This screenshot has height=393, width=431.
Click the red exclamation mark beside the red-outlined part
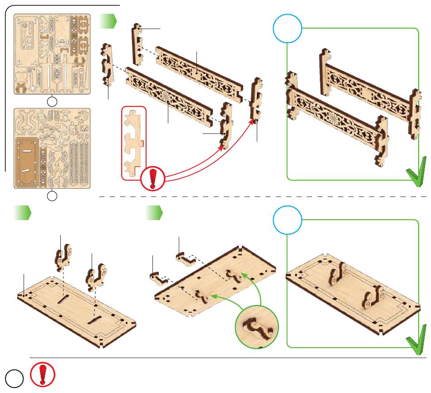coord(153,178)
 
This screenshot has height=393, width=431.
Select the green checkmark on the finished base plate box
coord(416,340)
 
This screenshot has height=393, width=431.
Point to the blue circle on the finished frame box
coord(288,28)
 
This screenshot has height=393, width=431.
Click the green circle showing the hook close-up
coord(257,326)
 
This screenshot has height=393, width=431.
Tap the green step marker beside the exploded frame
coord(108,20)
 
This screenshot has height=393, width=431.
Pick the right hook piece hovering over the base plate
coord(97,276)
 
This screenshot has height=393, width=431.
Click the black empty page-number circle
coord(13,379)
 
